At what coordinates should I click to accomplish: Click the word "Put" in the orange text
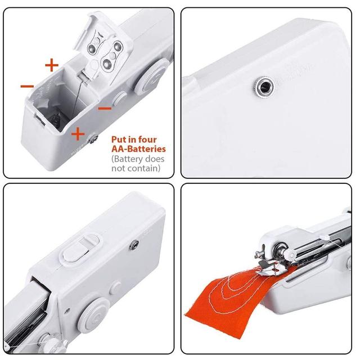click(x=119, y=139)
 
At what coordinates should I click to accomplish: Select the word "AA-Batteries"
click(x=139, y=148)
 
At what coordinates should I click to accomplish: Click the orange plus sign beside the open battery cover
click(x=52, y=65)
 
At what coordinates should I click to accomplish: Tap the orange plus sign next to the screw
click(x=78, y=134)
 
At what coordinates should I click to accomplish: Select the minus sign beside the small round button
click(x=105, y=108)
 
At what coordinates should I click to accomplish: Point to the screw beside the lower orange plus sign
click(x=93, y=139)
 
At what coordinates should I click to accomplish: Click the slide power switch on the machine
click(x=79, y=250)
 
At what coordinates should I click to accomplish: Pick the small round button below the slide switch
click(x=116, y=288)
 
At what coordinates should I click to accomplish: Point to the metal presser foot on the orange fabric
click(x=271, y=268)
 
